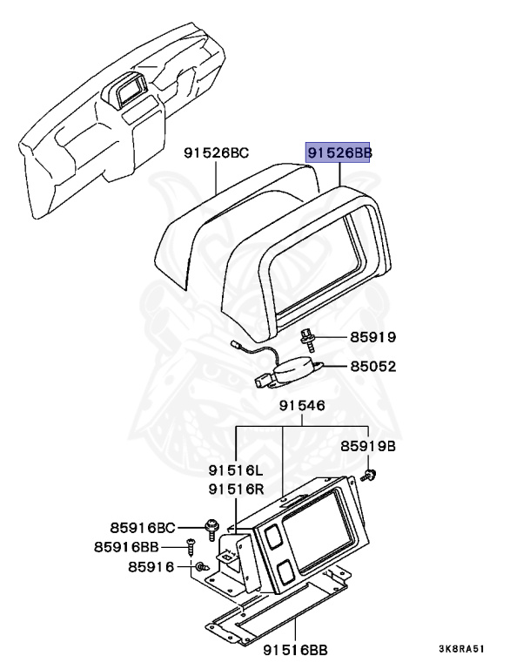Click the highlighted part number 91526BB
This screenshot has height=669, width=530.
[x=339, y=152]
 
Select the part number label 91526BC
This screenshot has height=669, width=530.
[x=216, y=153]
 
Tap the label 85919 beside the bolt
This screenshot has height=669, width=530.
[x=373, y=336]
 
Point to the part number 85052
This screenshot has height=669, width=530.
[x=373, y=367]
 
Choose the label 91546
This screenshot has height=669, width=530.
[x=302, y=406]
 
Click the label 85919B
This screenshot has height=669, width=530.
[x=367, y=446]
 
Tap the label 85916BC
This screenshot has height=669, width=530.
[x=143, y=527]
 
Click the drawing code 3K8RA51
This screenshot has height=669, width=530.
[x=460, y=649]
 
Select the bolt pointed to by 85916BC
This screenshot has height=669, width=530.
[x=211, y=528]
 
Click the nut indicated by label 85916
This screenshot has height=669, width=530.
[x=200, y=567]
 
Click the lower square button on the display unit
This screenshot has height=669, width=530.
[x=283, y=573]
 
